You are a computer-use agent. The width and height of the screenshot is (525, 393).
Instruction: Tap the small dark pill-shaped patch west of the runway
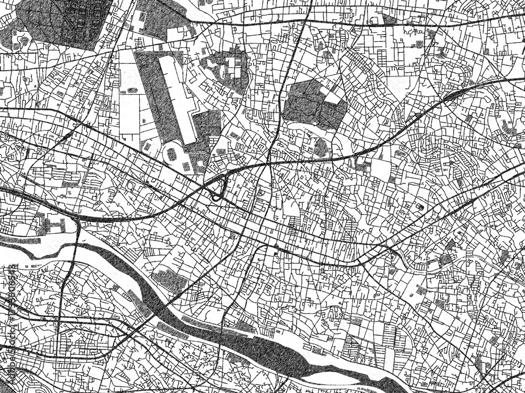tap(132, 90)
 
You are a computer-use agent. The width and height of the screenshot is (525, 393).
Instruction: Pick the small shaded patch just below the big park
tap(321, 148)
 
